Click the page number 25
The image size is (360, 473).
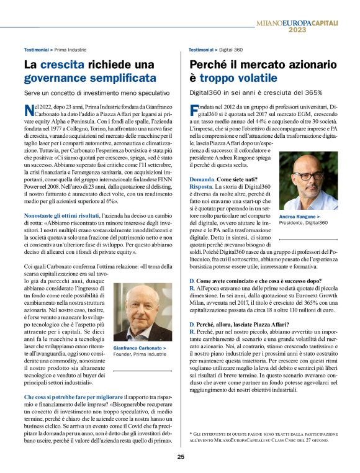[x=180, y=457]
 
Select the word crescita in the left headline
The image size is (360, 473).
[x=61, y=64]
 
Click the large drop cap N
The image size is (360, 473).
[x=29, y=111]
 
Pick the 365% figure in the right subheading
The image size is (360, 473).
[x=308, y=92]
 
